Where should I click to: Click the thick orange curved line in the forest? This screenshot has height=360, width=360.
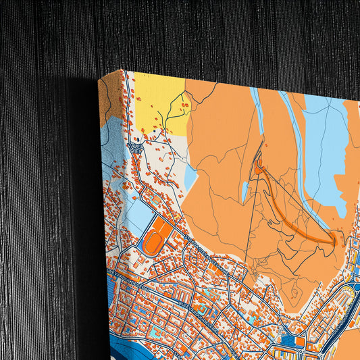coord(297,209)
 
